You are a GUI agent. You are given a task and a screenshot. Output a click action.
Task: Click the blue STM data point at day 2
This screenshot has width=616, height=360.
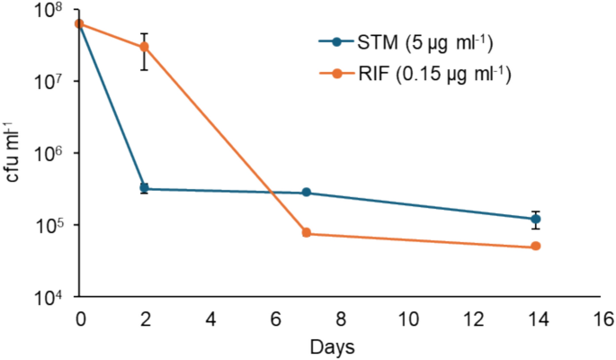click(x=145, y=188)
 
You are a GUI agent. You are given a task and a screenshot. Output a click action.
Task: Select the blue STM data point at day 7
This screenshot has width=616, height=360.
click(x=307, y=193)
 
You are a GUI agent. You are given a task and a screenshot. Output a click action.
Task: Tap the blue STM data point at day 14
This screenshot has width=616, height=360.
click(x=536, y=219)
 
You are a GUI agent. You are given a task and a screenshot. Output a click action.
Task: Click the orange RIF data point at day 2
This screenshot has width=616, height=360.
click(x=145, y=47)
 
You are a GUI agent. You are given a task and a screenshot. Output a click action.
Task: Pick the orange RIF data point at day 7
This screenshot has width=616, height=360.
click(x=307, y=233)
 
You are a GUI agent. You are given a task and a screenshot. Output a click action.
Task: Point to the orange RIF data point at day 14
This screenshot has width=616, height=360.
click(x=536, y=247)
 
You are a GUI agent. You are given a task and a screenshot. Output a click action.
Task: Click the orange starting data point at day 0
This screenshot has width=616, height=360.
click(x=80, y=23)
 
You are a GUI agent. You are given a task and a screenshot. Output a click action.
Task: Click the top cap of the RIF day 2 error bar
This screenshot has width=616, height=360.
click(x=145, y=33)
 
